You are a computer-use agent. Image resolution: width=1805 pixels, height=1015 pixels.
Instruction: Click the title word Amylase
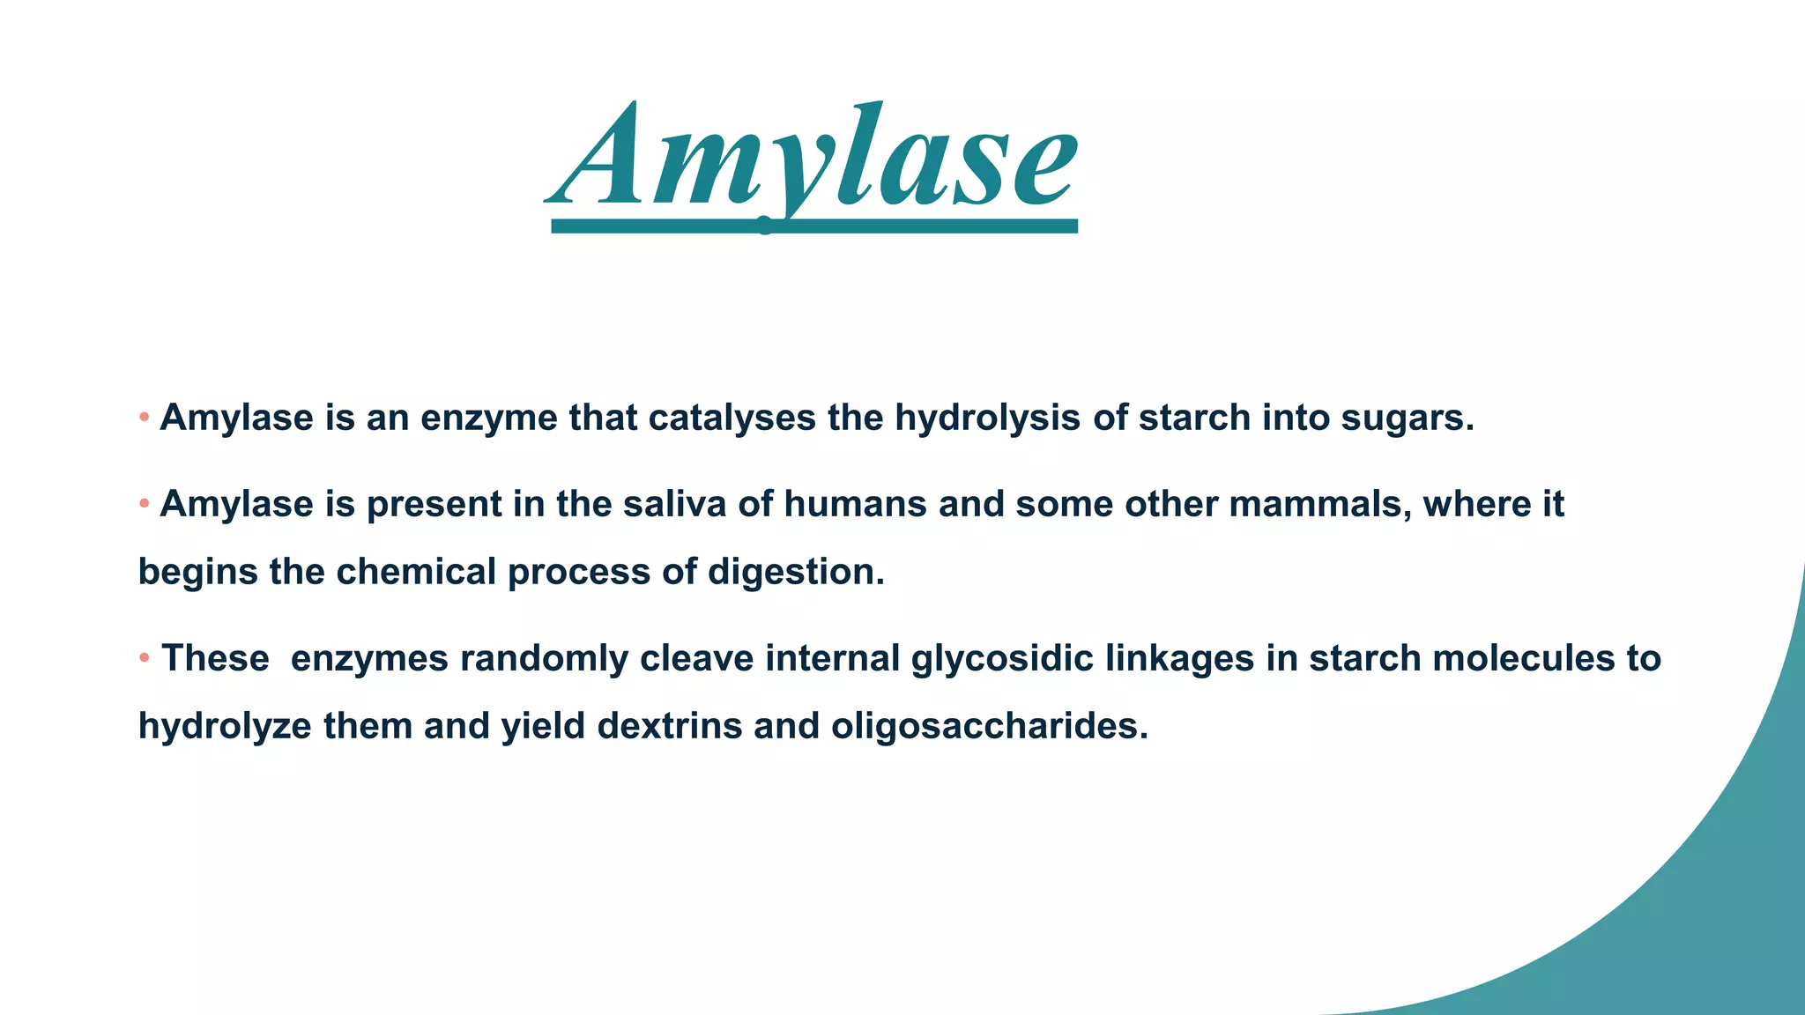click(x=811, y=159)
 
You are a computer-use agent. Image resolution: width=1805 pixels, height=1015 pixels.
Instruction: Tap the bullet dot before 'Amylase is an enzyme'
click(x=145, y=417)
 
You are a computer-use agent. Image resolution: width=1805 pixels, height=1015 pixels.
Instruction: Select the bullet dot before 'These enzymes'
click(x=145, y=657)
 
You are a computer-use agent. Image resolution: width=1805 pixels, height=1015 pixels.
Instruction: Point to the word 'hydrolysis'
click(x=987, y=418)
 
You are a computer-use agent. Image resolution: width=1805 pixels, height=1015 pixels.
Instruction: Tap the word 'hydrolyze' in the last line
click(x=225, y=727)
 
